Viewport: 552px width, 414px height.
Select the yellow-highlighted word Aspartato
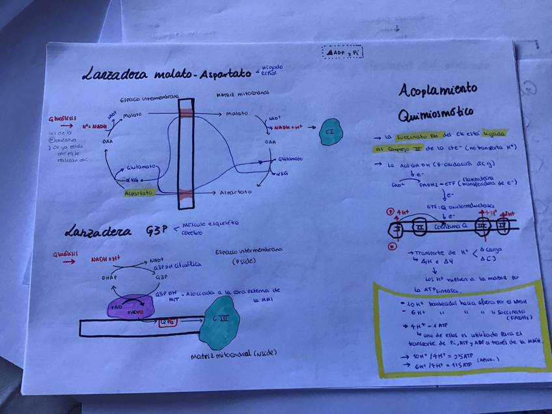point(139,193)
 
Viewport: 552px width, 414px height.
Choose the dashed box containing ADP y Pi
point(342,52)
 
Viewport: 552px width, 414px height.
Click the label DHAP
point(109,277)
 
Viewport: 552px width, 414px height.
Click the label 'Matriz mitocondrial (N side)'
point(234,355)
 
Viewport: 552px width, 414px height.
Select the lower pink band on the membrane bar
point(186,193)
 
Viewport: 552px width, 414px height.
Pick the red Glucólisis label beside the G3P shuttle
point(66,255)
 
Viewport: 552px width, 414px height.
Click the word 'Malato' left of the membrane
point(132,115)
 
